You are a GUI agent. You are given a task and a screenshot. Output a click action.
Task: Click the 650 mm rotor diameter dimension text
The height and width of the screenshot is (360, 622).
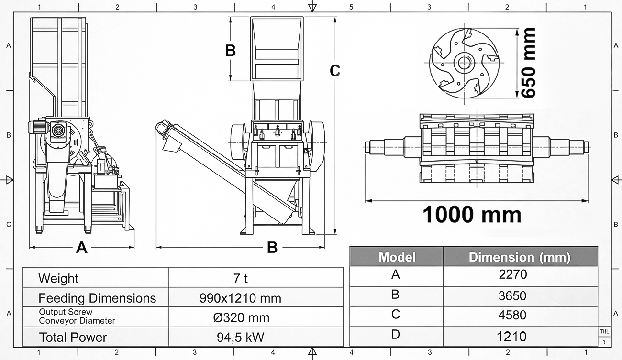(528, 63)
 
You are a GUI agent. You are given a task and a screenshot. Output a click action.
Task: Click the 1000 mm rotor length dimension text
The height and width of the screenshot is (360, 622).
(472, 215)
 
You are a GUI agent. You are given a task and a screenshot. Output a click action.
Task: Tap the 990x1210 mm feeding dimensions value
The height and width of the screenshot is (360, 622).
(240, 298)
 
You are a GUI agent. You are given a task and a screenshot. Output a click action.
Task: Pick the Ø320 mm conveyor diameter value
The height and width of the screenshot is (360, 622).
(241, 318)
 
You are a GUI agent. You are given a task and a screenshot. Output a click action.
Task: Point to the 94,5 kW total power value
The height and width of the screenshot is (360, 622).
(241, 337)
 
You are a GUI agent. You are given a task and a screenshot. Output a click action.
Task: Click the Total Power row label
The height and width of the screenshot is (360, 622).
(73, 338)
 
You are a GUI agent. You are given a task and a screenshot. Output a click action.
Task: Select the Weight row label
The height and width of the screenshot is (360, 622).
(58, 278)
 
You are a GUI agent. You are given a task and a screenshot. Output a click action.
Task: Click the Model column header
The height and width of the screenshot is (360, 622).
(397, 257)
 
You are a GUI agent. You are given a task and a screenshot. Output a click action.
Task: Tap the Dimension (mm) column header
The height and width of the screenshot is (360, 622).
(520, 257)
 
